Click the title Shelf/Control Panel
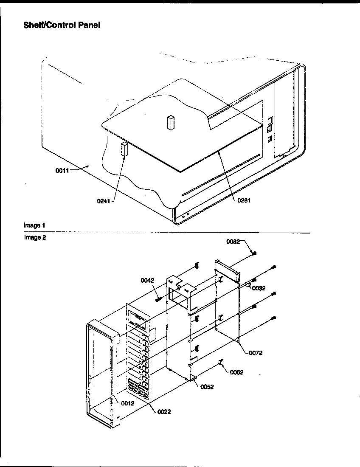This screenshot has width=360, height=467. (62, 25)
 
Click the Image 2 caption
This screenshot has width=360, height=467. (35, 238)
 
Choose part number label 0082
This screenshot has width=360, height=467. (233, 242)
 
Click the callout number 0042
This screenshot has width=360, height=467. (148, 281)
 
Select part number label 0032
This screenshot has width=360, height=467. (259, 288)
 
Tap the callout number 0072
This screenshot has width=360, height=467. (256, 352)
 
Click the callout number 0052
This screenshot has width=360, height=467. (207, 387)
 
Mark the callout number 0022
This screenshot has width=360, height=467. (164, 411)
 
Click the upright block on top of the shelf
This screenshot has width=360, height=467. (170, 121)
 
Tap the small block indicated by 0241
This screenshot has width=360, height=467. (124, 149)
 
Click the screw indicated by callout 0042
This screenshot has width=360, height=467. (159, 300)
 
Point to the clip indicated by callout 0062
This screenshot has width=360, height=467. (221, 362)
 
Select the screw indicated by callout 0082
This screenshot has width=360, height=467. (253, 253)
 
